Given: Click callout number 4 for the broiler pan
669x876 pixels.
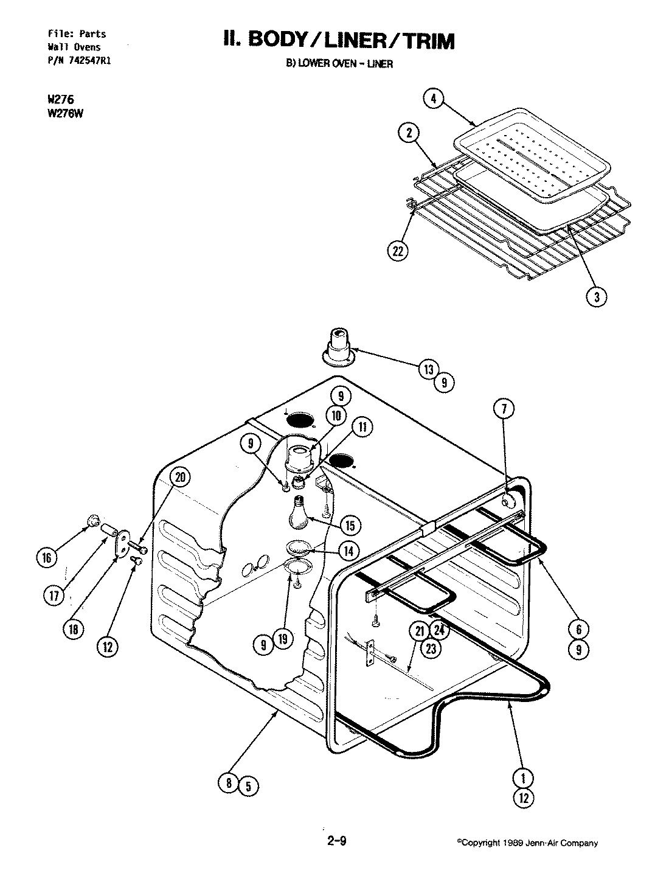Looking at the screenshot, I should point(434,99).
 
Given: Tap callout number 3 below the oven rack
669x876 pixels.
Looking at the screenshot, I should point(597,296).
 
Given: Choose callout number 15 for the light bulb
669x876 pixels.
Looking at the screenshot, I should point(350,524).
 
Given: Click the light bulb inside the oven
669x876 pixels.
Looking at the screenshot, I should point(297,512).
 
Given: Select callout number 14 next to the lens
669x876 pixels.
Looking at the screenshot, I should point(348,551).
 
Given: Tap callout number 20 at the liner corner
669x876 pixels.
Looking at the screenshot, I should point(180,478).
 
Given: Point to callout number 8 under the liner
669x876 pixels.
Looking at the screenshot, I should point(229,784).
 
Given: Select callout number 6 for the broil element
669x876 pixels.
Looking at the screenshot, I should point(578,629).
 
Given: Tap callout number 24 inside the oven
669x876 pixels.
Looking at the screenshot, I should point(440,631).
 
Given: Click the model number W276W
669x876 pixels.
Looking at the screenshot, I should point(64,111).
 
